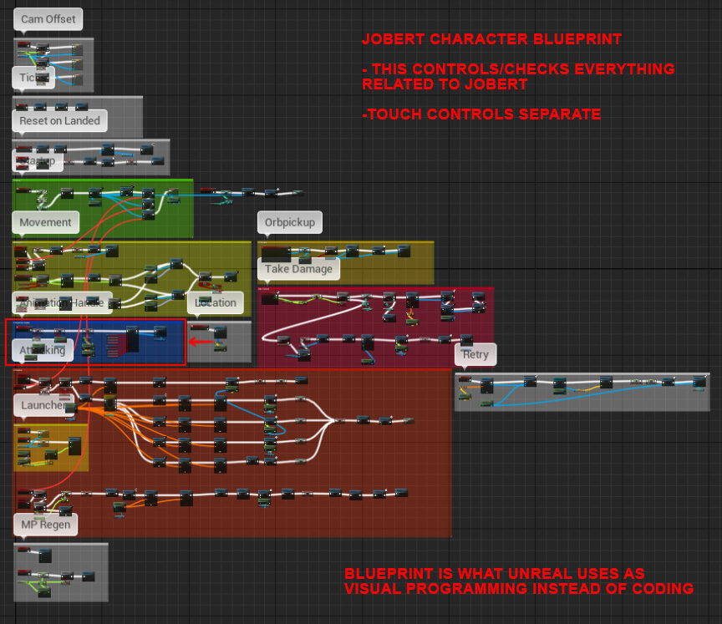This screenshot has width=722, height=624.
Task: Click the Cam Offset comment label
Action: (48, 19)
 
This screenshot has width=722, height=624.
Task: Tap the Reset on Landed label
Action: (59, 121)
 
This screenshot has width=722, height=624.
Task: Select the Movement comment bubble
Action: (45, 223)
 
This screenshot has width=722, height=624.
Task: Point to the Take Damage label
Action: (299, 269)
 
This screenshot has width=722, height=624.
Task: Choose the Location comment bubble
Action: (216, 302)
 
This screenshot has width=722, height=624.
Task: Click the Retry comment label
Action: (475, 355)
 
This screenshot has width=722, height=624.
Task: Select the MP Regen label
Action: (45, 525)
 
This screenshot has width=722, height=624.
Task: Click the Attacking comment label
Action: (43, 351)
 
